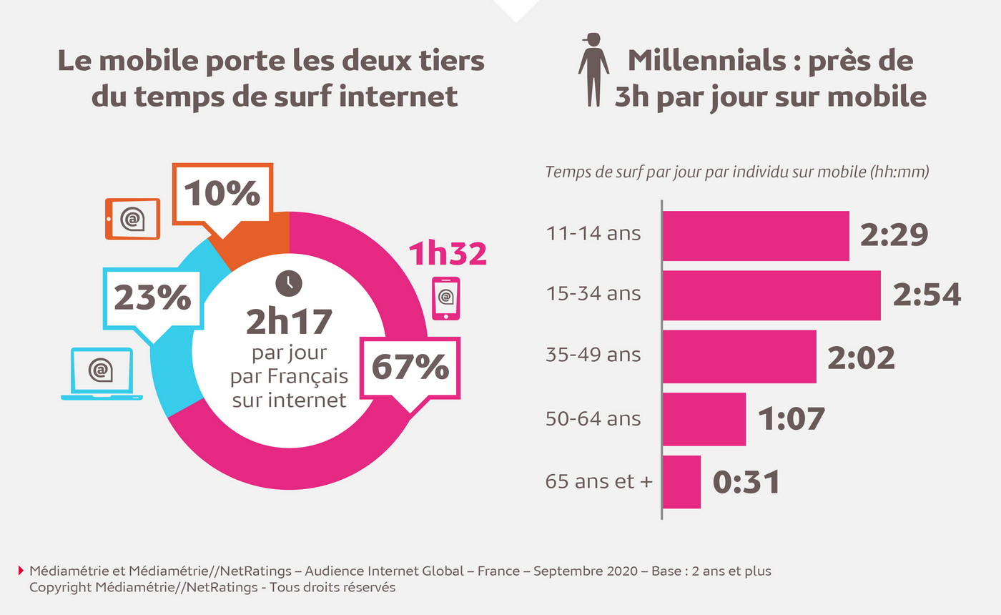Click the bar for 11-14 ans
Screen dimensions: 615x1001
(x=756, y=236)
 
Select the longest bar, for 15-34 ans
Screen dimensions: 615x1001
(x=771, y=295)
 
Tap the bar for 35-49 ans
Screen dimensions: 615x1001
(x=739, y=356)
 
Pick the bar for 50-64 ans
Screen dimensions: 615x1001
(x=704, y=419)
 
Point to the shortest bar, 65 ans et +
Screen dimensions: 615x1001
(x=682, y=481)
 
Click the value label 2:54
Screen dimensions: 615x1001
(x=927, y=295)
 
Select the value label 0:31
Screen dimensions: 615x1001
(x=746, y=481)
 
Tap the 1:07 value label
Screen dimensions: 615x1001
(x=792, y=419)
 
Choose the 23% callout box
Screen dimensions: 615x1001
(x=152, y=298)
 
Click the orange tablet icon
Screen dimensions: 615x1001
(x=132, y=219)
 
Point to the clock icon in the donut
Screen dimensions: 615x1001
(x=289, y=282)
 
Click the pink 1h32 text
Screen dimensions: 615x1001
(x=447, y=254)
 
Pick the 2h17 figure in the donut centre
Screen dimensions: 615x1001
(x=289, y=322)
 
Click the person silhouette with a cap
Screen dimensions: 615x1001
(x=593, y=69)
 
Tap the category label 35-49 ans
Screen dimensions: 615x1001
(x=593, y=355)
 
